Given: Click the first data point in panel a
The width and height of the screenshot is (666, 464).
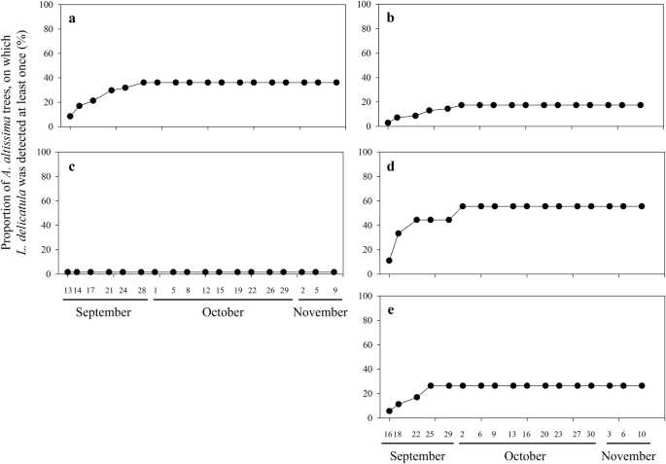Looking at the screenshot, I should [70, 116].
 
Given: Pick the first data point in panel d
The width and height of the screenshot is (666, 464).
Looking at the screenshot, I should [389, 261].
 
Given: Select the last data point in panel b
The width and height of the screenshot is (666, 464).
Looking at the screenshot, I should [640, 105].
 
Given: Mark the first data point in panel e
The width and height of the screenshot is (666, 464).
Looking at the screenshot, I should [389, 410].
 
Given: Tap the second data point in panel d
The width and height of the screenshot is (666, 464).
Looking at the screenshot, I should [399, 233].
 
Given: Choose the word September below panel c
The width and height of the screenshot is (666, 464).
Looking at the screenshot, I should [103, 311].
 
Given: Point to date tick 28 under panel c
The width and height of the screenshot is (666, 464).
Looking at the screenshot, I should [142, 289].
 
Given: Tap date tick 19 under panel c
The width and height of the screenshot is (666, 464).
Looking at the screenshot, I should [238, 289].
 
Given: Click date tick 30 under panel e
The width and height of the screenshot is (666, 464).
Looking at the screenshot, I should [591, 435].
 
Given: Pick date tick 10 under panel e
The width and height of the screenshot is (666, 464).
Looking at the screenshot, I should [640, 435].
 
